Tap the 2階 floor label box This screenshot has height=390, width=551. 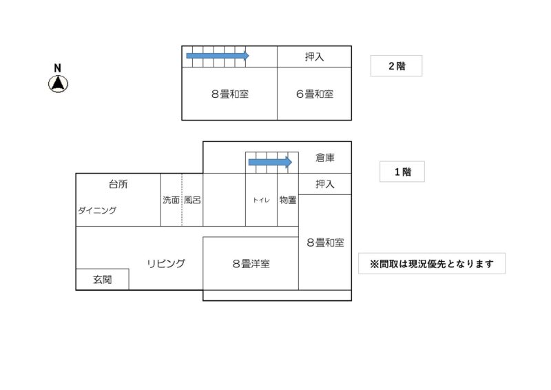(x=396, y=66)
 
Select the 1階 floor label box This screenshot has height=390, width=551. (x=402, y=172)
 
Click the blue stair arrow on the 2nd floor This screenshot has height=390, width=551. (x=217, y=56)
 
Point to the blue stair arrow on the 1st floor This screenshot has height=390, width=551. (x=270, y=163)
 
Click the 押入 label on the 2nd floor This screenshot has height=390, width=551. (x=314, y=57)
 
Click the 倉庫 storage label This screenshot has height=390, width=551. (x=325, y=157)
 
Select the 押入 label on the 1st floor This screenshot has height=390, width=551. (x=325, y=184)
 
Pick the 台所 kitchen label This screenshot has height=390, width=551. (x=118, y=184)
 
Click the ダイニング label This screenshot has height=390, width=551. (x=97, y=211)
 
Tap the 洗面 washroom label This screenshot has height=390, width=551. (x=171, y=200)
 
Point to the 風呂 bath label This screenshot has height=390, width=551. (x=192, y=200)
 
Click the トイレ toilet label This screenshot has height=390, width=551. (x=261, y=201)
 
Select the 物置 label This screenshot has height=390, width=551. (x=288, y=200)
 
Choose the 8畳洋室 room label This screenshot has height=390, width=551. (x=250, y=263)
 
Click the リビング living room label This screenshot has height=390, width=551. (x=166, y=263)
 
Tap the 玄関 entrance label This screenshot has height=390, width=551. (x=102, y=280)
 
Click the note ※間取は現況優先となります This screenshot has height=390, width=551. (x=432, y=263)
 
